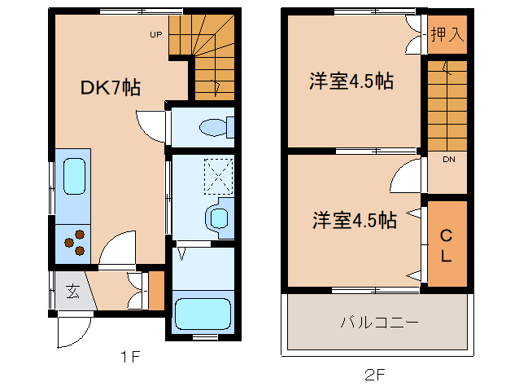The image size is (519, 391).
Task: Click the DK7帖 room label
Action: point(111,88)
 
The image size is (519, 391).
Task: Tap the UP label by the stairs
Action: point(156,34)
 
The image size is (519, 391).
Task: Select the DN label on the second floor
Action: point(449,160)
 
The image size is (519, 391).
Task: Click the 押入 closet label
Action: point(447,34)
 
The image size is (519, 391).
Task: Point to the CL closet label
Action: point(446,245)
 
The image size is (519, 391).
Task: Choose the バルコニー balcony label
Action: point(380,322)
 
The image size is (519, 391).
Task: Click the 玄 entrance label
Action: point(73,292)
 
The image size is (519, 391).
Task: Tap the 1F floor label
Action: point(130,357)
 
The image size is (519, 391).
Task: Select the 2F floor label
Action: point(374,375)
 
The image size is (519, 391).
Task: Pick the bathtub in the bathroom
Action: point(203,314)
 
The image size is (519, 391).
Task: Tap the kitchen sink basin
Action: point(74,176)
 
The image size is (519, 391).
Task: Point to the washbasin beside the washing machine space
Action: point(218,218)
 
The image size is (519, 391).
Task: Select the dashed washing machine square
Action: point(219,176)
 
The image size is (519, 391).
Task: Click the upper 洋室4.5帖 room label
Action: point(351,81)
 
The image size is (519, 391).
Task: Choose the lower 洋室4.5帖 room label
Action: point(355,220)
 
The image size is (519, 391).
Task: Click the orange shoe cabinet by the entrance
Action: point(156,291)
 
